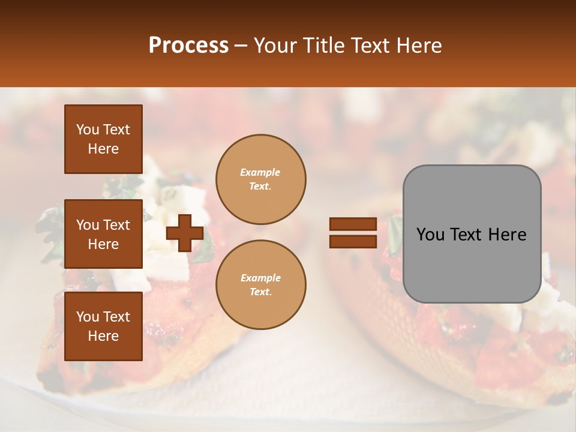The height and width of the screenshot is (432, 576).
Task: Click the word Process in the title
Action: point(188,46)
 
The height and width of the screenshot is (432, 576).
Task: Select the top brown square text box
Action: point(103,139)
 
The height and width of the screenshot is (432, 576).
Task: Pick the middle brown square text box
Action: point(103,234)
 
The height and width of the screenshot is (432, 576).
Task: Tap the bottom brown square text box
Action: point(103,326)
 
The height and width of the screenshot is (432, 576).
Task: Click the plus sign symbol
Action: point(185,233)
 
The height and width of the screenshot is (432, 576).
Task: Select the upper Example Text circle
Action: point(260,179)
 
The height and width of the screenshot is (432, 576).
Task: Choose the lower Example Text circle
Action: point(260,285)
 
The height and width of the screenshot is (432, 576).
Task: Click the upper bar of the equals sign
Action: point(353,224)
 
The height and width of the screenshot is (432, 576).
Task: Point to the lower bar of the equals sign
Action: point(353,241)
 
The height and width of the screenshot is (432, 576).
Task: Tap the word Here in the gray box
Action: point(507,235)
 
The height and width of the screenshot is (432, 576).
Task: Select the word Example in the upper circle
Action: point(260,173)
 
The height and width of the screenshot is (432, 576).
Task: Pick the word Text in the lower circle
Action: point(260,292)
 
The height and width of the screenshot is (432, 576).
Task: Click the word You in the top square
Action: point(87,130)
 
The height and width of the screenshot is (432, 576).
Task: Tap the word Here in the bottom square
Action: point(103,336)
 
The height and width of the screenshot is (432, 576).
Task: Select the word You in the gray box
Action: point(430,235)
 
